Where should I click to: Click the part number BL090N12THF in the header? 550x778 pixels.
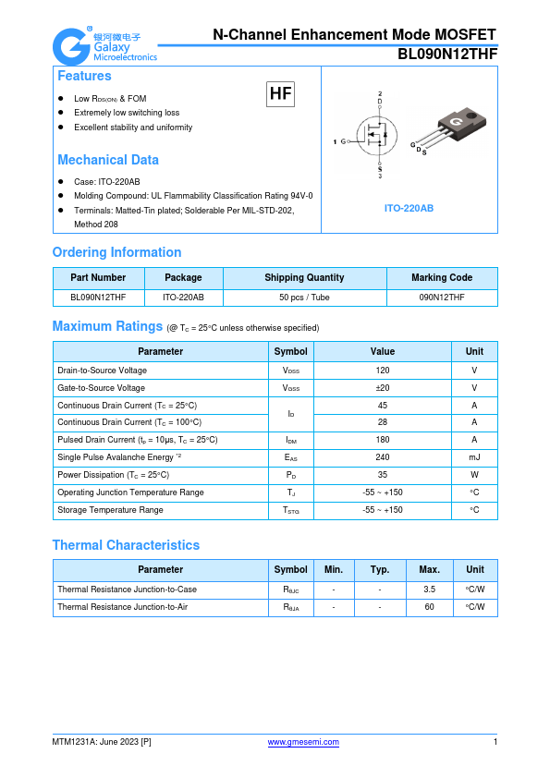point(447,55)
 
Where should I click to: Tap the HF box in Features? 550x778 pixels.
point(280,94)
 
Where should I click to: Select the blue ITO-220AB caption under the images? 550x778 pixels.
point(409,208)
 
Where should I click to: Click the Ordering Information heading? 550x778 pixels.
point(116,252)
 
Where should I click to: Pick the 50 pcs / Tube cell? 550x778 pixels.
point(304,298)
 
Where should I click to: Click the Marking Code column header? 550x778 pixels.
point(442,277)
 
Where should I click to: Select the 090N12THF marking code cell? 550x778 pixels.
point(442,298)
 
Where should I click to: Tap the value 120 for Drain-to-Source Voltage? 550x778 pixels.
point(382,370)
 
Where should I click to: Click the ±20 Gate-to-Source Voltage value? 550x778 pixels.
point(382,388)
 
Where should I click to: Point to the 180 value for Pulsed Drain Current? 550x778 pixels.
point(382,440)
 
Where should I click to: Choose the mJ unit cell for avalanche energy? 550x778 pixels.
point(474,457)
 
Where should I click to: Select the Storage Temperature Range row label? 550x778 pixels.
point(110,510)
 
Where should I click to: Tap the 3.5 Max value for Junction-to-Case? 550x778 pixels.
point(429,589)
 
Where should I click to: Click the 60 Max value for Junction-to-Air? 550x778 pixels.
point(429,607)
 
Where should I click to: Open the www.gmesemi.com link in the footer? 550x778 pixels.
point(303,742)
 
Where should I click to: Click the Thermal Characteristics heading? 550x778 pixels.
point(126,545)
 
